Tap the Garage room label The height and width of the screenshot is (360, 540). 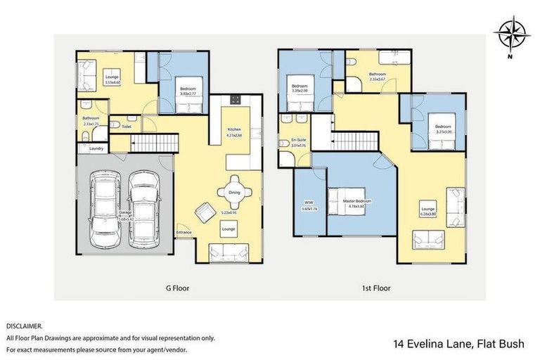tap(125, 213)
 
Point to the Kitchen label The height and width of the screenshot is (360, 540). tap(234, 131)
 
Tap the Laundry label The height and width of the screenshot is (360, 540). tap(96, 148)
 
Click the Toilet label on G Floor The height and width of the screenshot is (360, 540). tap(127, 127)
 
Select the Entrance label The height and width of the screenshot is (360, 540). tap(184, 232)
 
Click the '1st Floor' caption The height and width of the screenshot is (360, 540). tap(376, 288)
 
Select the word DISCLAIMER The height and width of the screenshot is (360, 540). tap(24, 326)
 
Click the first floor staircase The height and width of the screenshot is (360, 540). tap(355, 142)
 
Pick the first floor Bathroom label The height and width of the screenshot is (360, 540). tap(378, 75)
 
